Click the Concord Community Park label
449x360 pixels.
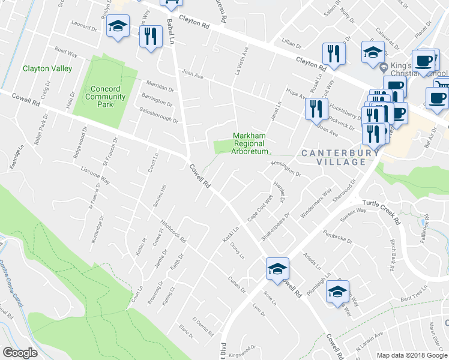101,97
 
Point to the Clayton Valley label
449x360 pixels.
47,68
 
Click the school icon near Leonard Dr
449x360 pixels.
118,27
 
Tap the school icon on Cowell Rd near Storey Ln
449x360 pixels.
277,268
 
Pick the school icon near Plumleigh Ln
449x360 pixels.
337,292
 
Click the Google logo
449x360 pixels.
20,353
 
